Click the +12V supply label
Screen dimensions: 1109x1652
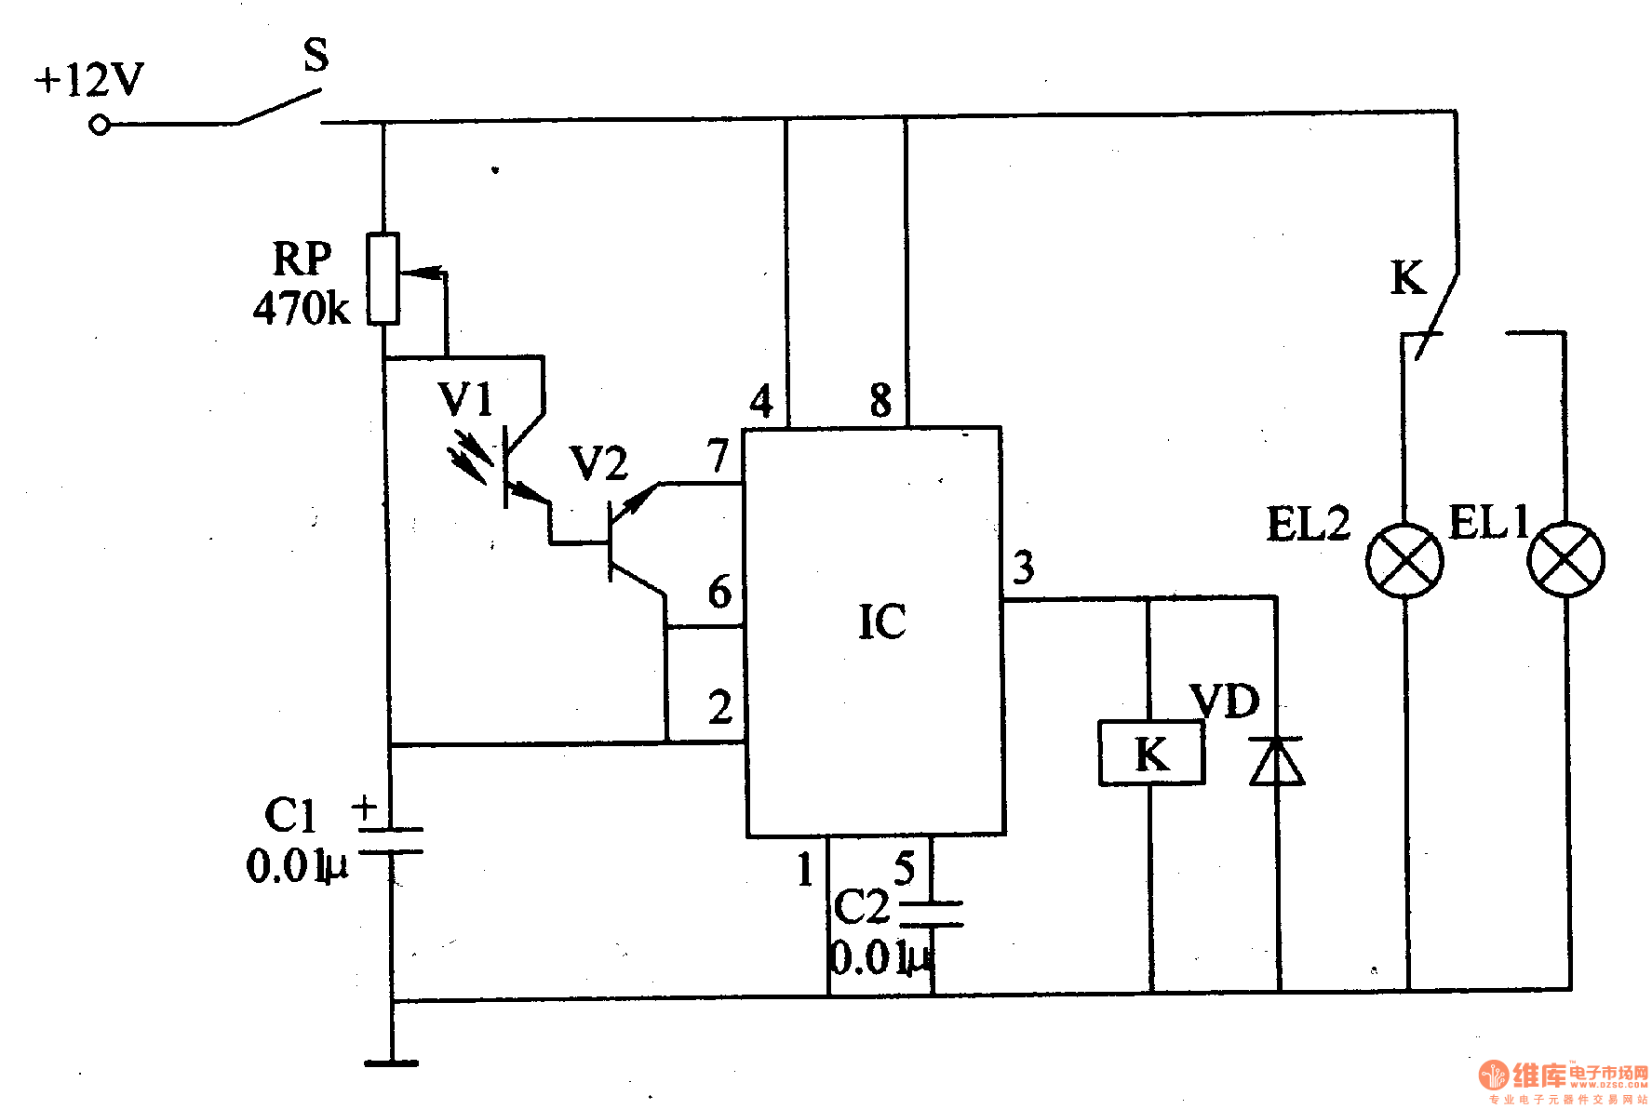click(x=89, y=80)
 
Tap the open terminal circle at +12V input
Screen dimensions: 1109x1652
click(x=100, y=125)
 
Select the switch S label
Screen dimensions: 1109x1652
click(x=316, y=56)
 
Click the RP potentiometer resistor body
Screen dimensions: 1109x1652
click(x=383, y=278)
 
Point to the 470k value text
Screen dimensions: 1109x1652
click(x=302, y=308)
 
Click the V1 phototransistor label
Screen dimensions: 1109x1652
click(x=465, y=400)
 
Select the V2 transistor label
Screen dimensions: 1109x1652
click(x=598, y=463)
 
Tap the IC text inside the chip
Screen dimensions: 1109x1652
click(x=881, y=621)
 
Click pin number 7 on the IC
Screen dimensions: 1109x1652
click(x=717, y=456)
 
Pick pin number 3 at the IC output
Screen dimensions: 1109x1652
click(x=1024, y=567)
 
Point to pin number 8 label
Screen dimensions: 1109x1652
click(x=880, y=401)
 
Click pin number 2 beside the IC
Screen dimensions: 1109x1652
click(x=719, y=708)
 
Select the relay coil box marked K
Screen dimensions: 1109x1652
click(x=1151, y=753)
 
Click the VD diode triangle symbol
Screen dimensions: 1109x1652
click(x=1276, y=761)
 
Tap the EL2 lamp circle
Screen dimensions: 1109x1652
click(x=1404, y=560)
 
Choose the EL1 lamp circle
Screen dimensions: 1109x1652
click(x=1566, y=560)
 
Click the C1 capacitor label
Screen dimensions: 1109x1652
click(x=290, y=816)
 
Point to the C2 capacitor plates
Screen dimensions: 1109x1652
click(x=932, y=913)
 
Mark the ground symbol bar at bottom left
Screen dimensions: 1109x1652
click(x=391, y=1062)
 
